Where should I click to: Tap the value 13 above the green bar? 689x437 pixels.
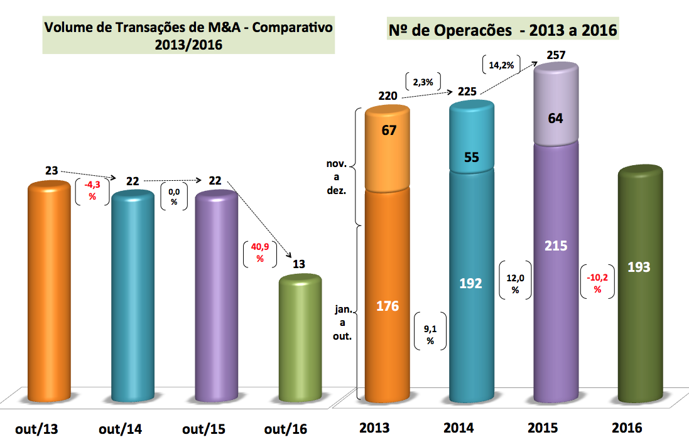coord(299,264)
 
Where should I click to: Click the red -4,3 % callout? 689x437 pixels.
coord(92,189)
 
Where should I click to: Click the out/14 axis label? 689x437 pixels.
coord(119,429)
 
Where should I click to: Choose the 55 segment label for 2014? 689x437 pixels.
coord(471,157)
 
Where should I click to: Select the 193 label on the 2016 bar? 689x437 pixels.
coord(639,267)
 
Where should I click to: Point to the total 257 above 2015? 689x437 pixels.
coord(556,55)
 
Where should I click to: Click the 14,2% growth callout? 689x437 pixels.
coord(501,63)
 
